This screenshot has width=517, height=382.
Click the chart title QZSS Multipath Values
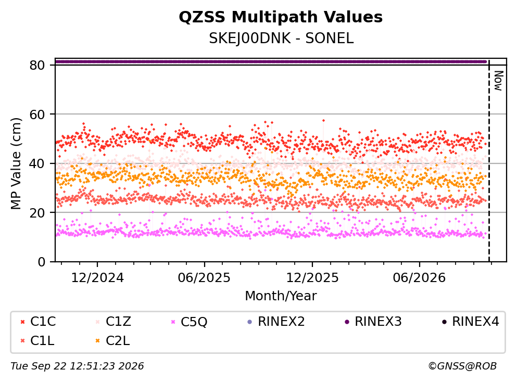281,17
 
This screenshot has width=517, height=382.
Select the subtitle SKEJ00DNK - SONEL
281,39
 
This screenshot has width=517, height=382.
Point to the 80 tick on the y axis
37,65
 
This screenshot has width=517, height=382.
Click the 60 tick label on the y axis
37,114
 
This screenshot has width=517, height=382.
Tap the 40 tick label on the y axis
37,163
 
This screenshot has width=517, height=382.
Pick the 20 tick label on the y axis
37,212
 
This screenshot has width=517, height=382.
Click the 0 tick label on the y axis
41,262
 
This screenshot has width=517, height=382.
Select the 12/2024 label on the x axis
97,278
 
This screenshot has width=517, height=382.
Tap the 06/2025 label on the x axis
205,278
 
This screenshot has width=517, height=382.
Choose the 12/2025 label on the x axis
312,278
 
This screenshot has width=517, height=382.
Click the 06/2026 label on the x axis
419,278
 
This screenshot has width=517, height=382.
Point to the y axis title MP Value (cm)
16,163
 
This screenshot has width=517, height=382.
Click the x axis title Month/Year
281,296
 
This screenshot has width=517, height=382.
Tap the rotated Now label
498,81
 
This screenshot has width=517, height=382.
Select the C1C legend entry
38,321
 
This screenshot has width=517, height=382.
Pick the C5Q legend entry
189,322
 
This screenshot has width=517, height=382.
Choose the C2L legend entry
113,341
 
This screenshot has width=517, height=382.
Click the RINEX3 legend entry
373,321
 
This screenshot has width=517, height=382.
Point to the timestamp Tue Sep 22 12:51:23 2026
77,366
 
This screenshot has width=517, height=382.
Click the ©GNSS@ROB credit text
462,366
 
